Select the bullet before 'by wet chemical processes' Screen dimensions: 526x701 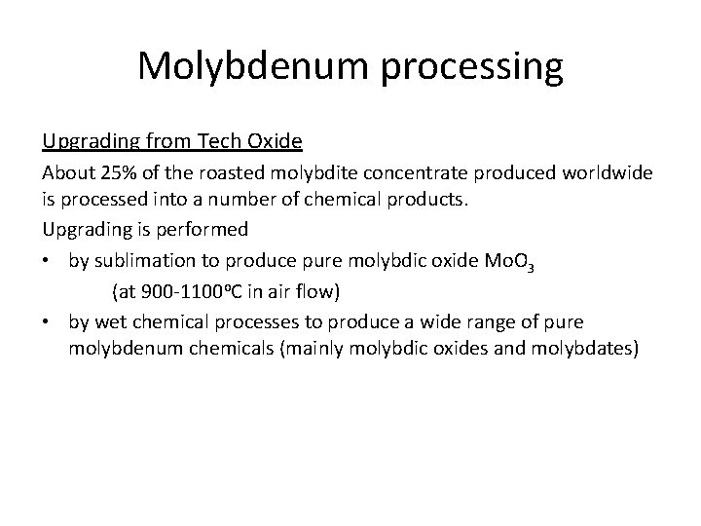click(48, 320)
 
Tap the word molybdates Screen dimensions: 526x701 click(582, 350)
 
